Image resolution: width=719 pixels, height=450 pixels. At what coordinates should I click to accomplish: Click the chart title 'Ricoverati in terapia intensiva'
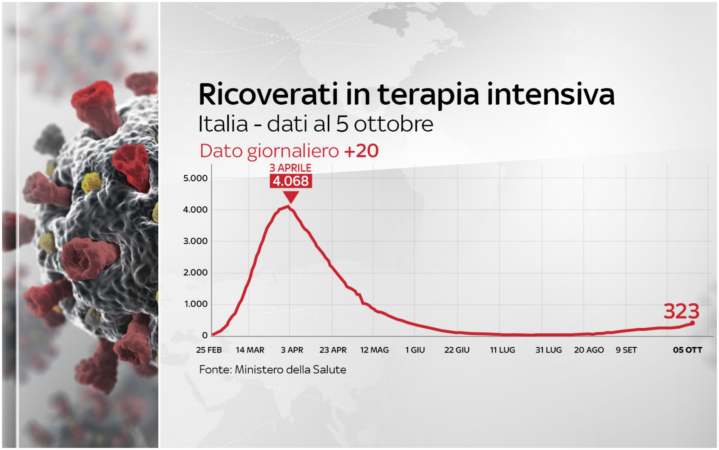click(407, 95)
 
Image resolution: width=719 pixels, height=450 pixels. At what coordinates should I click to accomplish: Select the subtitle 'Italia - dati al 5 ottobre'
click(316, 124)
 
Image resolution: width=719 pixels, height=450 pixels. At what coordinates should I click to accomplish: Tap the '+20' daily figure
click(361, 151)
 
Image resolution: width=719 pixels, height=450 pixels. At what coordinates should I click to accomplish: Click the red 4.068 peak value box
click(291, 181)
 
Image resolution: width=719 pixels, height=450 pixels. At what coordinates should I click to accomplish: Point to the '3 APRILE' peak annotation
click(290, 168)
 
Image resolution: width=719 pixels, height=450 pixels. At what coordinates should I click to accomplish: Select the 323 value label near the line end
click(681, 311)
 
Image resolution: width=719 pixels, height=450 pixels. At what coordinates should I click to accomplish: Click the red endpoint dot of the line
click(692, 323)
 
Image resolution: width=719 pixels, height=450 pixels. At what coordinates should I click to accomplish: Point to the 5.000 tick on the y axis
click(195, 178)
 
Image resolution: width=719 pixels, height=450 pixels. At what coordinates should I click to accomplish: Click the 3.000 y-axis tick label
click(195, 241)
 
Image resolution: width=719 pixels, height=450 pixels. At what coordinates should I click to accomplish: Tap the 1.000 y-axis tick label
click(196, 304)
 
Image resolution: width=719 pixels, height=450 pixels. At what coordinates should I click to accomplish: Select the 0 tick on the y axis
click(205, 335)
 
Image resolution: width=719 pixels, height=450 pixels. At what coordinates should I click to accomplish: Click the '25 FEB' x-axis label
click(209, 350)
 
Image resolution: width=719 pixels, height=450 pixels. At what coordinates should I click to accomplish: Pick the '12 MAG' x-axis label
click(374, 350)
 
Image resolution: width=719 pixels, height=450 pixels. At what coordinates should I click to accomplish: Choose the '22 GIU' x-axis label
click(457, 350)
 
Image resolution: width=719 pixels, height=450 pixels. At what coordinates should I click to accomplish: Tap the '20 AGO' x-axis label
click(589, 350)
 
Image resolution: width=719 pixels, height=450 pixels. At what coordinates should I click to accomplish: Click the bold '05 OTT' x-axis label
click(688, 350)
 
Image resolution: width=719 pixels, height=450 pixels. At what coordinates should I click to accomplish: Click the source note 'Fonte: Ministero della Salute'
click(272, 370)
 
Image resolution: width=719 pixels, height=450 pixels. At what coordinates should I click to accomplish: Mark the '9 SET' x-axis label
click(626, 350)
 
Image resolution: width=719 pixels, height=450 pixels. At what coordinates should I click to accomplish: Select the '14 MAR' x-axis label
click(250, 350)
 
